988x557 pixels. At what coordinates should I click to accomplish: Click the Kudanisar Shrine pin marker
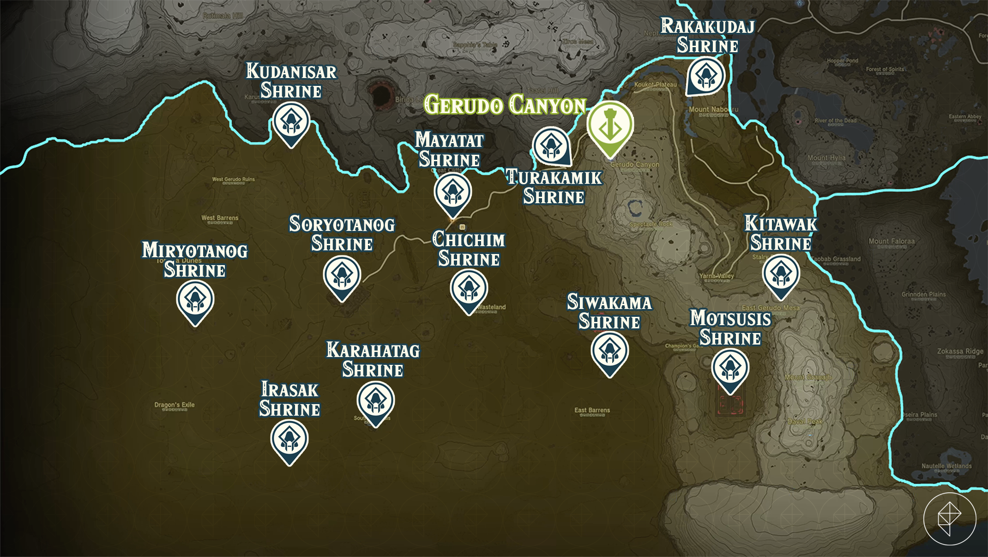pos(291,122)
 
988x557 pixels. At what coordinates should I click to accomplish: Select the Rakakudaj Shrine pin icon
pos(705,75)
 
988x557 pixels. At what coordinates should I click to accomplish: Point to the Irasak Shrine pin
pos(289,439)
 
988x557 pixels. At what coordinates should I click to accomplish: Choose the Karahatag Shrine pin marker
pos(375,401)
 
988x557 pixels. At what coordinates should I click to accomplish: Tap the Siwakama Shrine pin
pos(609,351)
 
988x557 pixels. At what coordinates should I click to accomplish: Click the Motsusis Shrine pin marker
pos(730,368)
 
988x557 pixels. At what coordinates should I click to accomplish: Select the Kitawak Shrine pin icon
pos(781,274)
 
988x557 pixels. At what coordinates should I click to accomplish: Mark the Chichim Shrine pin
pos(469,289)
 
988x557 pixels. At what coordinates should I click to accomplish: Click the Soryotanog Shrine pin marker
pos(342,276)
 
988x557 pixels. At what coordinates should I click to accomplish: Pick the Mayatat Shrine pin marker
pos(452,193)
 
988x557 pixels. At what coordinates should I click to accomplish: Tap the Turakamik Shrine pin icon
pos(551,146)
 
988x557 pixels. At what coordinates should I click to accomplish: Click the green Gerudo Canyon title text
pos(505,105)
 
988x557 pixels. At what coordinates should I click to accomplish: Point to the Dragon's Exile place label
pos(175,405)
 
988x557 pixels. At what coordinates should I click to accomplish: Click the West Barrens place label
pos(220,218)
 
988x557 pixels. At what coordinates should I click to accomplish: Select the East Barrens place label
pos(592,410)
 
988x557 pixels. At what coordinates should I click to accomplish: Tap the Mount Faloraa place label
pos(891,241)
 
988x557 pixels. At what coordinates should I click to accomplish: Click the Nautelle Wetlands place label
pos(946,466)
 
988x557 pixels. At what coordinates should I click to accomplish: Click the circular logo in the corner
pos(950,519)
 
